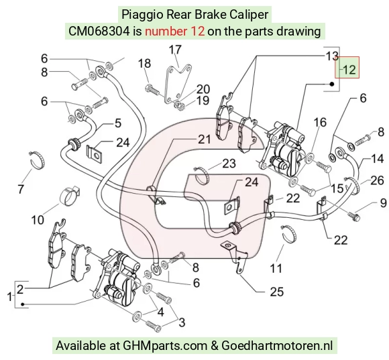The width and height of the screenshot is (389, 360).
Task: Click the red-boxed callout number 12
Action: pyautogui.click(x=349, y=70)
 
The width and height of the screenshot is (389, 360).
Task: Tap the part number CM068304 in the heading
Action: pyautogui.click(x=99, y=32)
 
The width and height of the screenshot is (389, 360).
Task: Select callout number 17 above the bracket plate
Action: pyautogui.click(x=175, y=50)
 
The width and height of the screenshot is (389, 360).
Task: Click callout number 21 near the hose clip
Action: pyautogui.click(x=204, y=139)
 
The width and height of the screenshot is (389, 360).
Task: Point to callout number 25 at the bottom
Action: pyautogui.click(x=276, y=292)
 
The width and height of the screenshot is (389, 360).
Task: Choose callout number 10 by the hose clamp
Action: pyautogui.click(x=38, y=220)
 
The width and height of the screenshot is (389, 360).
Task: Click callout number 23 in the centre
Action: pyautogui.click(x=229, y=164)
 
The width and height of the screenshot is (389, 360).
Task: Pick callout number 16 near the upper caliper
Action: pyautogui.click(x=320, y=123)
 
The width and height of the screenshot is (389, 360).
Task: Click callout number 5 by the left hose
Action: pyautogui.click(x=118, y=123)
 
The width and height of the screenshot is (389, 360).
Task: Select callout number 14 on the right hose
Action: pyautogui.click(x=378, y=159)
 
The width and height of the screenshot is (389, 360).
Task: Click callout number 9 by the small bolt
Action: pyautogui.click(x=383, y=203)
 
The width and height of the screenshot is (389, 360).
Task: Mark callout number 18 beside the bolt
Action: pyautogui.click(x=144, y=64)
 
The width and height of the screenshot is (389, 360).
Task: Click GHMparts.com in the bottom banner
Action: pyautogui.click(x=165, y=345)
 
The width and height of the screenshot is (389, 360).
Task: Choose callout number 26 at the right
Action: pyautogui.click(x=378, y=180)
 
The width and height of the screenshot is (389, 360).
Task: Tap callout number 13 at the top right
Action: pyautogui.click(x=332, y=56)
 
